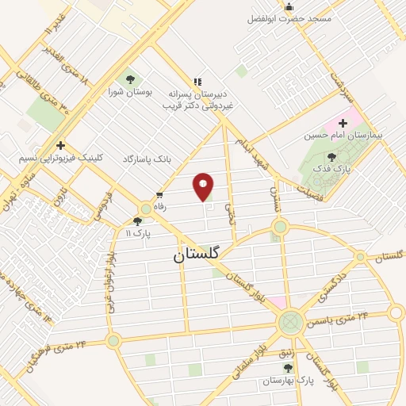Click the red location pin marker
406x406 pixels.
(204, 186)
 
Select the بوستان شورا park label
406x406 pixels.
(130, 92)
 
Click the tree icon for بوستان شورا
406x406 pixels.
(130, 79)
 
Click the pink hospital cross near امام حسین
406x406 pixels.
(343, 123)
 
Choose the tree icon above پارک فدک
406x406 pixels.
(331, 157)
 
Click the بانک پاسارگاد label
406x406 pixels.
(147, 159)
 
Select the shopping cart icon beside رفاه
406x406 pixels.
(159, 194)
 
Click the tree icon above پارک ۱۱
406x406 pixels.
(138, 222)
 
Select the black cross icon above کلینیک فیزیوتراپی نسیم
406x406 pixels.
(60, 145)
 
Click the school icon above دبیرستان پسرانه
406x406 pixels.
(197, 81)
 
